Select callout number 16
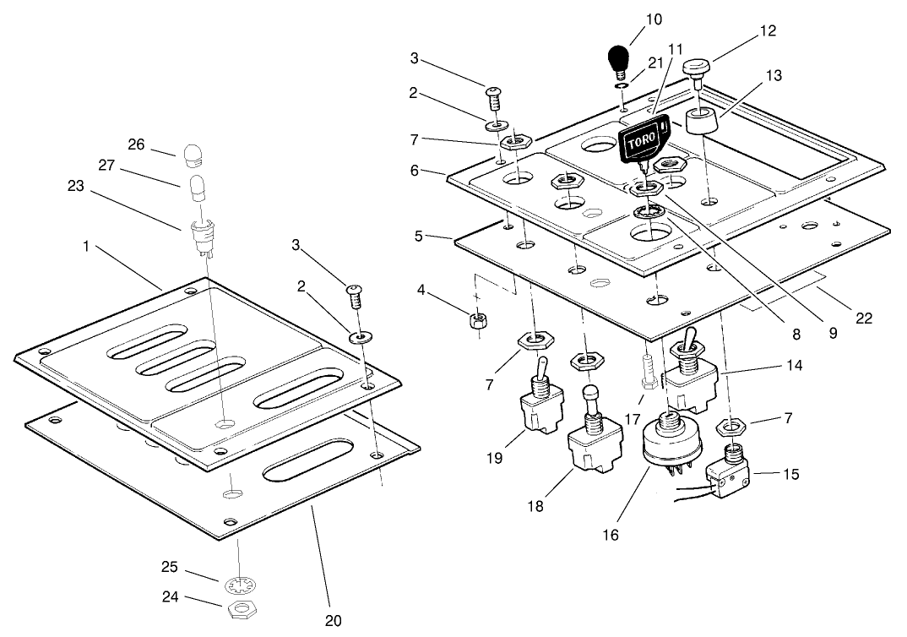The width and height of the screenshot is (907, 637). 611,535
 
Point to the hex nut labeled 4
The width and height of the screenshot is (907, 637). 478,320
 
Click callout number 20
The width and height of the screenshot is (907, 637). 334,621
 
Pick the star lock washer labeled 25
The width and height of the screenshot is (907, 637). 239,584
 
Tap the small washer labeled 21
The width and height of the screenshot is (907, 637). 622,84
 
